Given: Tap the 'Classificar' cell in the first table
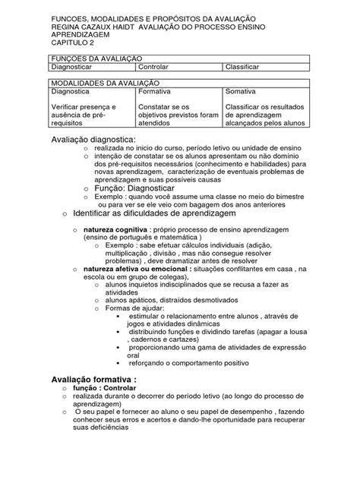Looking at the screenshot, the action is [x=248, y=68].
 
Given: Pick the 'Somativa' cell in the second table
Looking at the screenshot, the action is [x=242, y=91].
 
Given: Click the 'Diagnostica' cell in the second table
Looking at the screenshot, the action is [x=74, y=91].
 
